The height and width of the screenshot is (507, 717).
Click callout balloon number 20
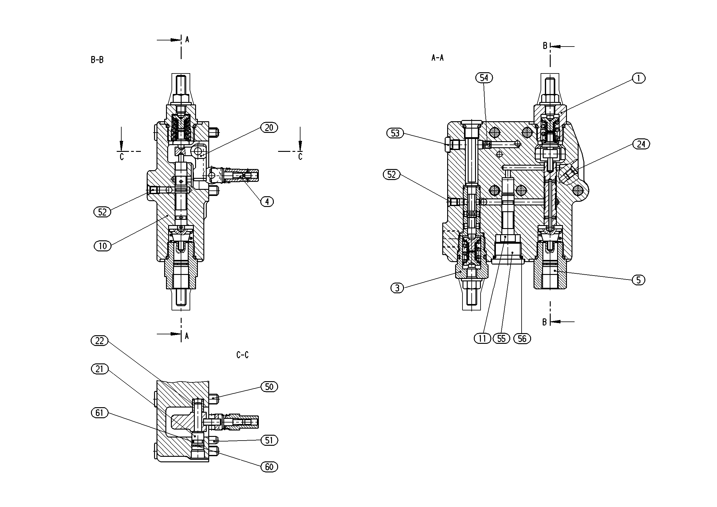[269, 128]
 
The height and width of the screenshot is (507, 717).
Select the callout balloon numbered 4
[267, 202]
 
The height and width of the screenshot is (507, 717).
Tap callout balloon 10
[103, 246]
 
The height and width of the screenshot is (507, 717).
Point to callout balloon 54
[484, 78]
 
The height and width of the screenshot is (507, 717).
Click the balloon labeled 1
[639, 78]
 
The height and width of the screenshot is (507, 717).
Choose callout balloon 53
[395, 133]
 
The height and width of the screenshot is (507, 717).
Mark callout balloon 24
[641, 144]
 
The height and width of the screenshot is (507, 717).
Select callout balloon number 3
[397, 288]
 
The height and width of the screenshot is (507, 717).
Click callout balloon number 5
[639, 280]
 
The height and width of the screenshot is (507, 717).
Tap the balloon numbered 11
[482, 339]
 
